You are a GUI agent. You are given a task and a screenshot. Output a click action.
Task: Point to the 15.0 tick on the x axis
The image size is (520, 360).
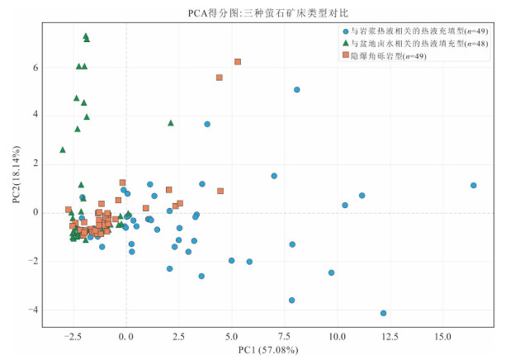[443, 337]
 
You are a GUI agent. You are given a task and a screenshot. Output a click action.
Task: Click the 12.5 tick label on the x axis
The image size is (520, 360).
[390, 337]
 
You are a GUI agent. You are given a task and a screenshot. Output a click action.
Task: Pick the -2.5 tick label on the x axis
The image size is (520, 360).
[73, 337]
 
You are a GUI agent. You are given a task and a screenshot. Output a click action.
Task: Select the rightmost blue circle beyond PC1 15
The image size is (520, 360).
[474, 186]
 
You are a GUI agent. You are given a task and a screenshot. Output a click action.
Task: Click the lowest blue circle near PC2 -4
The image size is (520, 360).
[384, 313]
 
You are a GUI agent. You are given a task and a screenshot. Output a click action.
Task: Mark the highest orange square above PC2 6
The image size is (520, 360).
[238, 62]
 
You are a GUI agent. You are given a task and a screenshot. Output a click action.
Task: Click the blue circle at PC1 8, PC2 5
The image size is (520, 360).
[297, 90]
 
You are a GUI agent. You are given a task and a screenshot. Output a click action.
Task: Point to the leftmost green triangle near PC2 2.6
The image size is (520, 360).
[63, 149]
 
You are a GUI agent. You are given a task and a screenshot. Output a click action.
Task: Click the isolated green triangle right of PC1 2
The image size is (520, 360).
[171, 123]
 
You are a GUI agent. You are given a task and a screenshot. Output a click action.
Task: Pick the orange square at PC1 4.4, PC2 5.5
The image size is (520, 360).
[220, 78]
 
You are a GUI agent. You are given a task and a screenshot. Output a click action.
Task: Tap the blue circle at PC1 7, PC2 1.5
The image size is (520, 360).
[274, 176]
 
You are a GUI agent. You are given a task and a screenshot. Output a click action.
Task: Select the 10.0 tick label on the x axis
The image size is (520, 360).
[338, 337]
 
